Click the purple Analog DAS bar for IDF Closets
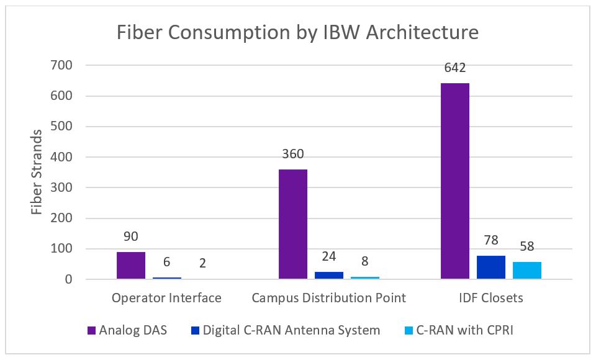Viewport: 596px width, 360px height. click(x=455, y=181)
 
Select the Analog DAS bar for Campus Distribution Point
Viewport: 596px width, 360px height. click(x=293, y=224)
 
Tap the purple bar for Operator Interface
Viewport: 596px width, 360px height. click(x=131, y=266)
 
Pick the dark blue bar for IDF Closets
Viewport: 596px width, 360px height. click(x=491, y=268)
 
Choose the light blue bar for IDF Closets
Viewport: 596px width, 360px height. click(x=527, y=271)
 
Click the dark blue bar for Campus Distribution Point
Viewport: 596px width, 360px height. click(x=329, y=276)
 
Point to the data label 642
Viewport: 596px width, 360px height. click(x=455, y=68)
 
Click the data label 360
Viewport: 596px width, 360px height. click(x=293, y=155)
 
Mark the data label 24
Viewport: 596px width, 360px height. click(x=329, y=257)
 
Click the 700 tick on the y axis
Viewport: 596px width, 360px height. click(x=62, y=65)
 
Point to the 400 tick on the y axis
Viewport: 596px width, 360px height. click(x=62, y=157)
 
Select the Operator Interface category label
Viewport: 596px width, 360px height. click(x=166, y=298)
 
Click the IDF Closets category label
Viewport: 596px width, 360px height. click(x=491, y=298)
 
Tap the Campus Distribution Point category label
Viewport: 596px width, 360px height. click(x=329, y=298)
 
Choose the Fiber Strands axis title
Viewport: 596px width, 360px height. click(x=37, y=172)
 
